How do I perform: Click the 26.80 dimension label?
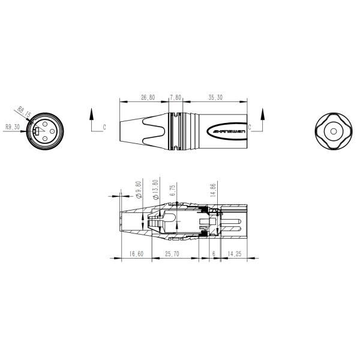point(148,97)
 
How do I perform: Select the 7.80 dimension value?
point(175,97)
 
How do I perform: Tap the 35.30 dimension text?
point(215,97)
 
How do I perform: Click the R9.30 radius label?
point(12,127)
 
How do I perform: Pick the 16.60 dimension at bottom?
point(136,254)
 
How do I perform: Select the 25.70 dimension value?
point(173,254)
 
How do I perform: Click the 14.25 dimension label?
point(235,254)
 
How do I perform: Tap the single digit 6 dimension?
point(214,254)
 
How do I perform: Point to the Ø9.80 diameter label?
point(139,190)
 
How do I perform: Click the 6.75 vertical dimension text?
point(173,190)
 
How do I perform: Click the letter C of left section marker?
point(104,127)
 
